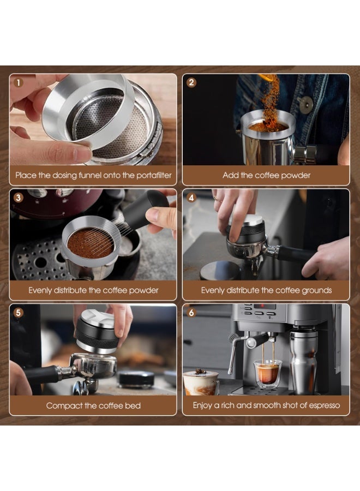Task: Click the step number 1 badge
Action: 19,83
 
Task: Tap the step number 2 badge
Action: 191,83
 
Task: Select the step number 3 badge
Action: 19,198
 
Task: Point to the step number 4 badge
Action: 191,198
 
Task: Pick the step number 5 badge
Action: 19,313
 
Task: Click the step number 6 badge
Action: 191,313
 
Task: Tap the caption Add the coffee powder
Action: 266,176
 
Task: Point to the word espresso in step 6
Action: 322,405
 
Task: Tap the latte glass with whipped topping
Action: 200,382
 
